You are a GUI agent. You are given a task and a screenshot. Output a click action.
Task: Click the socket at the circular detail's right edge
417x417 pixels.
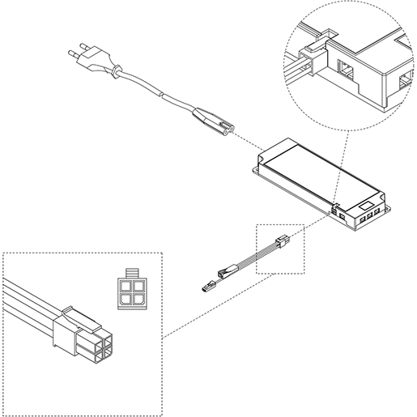pos(408,82)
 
